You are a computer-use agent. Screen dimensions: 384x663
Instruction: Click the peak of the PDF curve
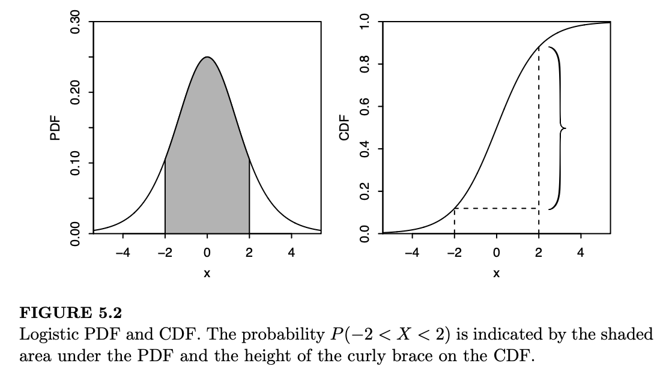[207, 58]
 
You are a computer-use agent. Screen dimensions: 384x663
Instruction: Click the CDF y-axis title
[344, 128]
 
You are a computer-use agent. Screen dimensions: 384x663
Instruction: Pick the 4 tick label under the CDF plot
[581, 253]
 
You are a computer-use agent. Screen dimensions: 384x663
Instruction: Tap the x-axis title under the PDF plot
[207, 274]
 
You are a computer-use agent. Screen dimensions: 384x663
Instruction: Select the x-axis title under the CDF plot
[497, 274]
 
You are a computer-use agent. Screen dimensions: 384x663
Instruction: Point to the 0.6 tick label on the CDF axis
[365, 107]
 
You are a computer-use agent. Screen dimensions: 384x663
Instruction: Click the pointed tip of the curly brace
[565, 128]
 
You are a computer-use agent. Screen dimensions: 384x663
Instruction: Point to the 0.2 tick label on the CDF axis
[365, 191]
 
